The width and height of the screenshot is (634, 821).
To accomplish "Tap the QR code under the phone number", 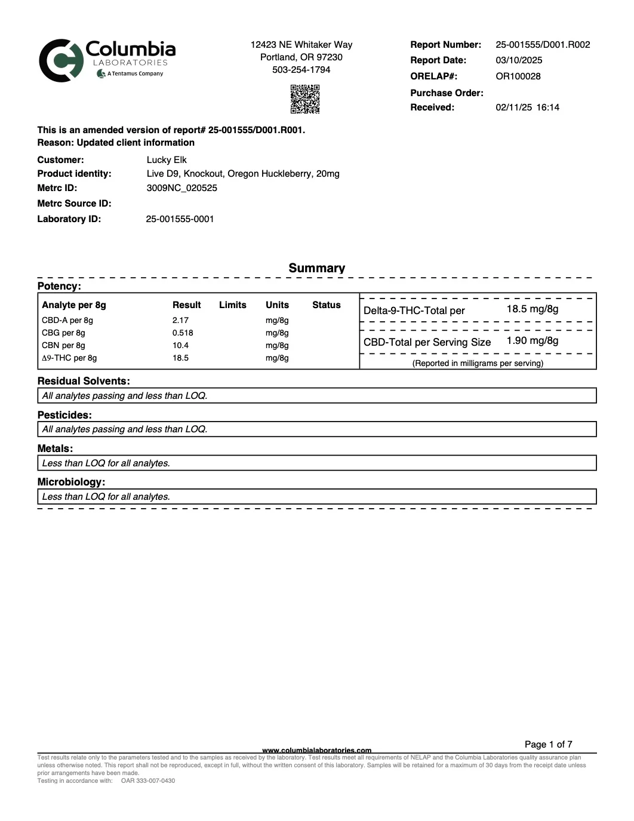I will [304, 99].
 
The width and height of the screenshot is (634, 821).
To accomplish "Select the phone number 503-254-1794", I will [301, 70].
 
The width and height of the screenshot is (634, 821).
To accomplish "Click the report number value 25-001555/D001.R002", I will [543, 45].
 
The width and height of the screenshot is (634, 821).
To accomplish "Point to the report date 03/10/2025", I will [519, 60].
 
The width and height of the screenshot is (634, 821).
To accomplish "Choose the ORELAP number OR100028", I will [518, 76].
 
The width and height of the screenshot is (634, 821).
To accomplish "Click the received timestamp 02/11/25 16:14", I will [528, 107].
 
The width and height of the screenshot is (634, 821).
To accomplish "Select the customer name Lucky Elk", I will [167, 160].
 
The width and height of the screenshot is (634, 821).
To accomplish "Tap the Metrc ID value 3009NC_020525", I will [182, 188].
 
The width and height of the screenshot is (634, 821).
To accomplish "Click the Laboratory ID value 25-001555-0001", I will [180, 219].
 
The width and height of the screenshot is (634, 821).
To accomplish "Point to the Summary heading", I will [316, 268].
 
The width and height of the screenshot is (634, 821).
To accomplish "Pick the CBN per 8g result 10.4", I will [180, 346].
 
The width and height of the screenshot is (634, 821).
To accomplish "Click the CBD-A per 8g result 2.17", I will [180, 321].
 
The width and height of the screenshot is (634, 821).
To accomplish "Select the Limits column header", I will [232, 305].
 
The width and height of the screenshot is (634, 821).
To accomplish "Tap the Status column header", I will [326, 305].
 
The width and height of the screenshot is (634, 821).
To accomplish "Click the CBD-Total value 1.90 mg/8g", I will [533, 341].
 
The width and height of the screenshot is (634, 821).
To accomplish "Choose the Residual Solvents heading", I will [84, 381].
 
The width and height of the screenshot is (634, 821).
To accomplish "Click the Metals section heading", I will [56, 448].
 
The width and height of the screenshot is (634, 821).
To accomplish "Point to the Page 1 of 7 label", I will [548, 745].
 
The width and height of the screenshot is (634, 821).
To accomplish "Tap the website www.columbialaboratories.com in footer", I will [316, 750].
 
